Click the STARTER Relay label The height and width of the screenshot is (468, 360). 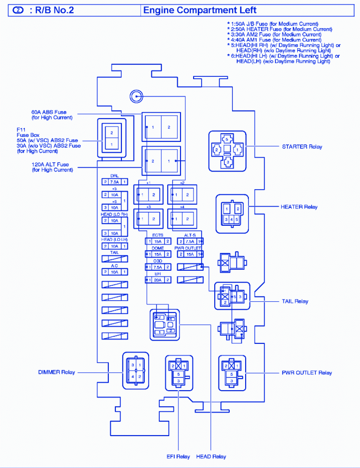click(302, 147)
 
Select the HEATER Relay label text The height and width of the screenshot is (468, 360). click(299, 207)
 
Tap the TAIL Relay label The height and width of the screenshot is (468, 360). click(295, 301)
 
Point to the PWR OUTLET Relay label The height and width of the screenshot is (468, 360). click(307, 373)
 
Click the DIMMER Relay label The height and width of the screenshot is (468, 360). click(56, 372)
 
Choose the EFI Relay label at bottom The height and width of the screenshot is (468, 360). click(178, 456)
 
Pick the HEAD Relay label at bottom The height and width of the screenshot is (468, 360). click(212, 456)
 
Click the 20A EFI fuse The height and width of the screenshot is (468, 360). click(158, 280)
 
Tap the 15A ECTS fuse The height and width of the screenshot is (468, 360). click(158, 241)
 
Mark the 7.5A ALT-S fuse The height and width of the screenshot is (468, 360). click(190, 241)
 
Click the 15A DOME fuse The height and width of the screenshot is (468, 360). click(158, 254)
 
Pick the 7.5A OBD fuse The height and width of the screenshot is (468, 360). click(158, 267)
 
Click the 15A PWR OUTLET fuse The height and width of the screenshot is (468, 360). click(190, 254)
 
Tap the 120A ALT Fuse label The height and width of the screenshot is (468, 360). click(50, 167)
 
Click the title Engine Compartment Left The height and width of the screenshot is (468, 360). click(200, 10)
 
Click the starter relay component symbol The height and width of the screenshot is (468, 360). click(227, 150)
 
